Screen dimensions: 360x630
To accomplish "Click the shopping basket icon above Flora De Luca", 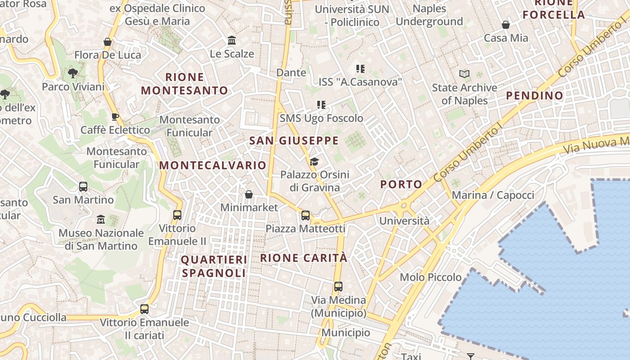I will pos(108,42).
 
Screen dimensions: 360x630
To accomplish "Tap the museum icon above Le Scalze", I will pos(232,40).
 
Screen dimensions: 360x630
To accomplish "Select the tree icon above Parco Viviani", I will pos(72,73).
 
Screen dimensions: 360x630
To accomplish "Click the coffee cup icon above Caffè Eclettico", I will pos(115,117).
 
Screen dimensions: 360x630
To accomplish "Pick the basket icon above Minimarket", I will pos(248,194).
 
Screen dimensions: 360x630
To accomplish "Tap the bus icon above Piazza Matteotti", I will pos(306,216).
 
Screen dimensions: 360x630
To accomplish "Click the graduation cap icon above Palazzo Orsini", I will pos(314,162).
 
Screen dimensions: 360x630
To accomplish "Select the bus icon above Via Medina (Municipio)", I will pos(338,287).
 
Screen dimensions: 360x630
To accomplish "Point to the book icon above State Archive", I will pos(464,74).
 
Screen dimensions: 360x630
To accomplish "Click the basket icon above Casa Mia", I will pos(506,25).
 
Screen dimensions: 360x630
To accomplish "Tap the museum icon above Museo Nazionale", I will pos(101,220).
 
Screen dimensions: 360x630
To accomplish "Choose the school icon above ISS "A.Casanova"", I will pos(360,69).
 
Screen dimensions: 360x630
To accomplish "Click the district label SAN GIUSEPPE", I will pos(294,141).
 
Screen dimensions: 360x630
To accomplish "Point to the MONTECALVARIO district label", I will pos(213,166).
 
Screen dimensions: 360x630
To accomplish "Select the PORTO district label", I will pos(401,184).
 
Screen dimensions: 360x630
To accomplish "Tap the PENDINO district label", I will pos(535,95).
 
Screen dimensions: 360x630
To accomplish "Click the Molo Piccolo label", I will pos(431,277).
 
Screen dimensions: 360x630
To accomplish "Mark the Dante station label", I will pos(291,72).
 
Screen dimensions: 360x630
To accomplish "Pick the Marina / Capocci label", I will pos(493,195).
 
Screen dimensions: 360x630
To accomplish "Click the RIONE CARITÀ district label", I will pos(304,258).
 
